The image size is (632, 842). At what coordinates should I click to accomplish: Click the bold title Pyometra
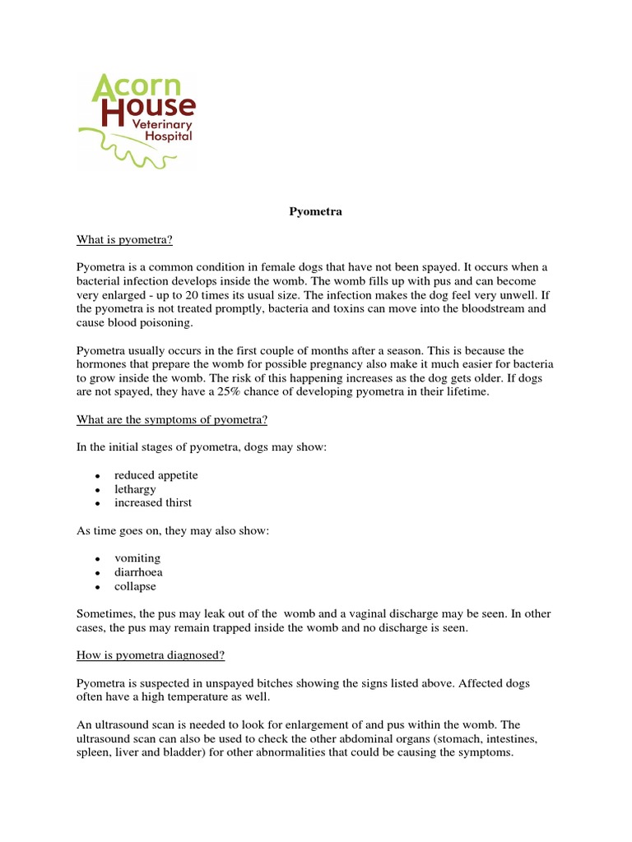tap(315, 212)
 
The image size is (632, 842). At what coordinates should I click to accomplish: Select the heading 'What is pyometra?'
tap(124, 239)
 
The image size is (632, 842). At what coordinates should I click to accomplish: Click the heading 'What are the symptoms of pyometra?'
tap(172, 420)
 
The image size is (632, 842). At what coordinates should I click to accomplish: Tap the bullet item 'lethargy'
tap(135, 489)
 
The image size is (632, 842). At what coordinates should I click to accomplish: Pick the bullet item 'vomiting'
tap(137, 558)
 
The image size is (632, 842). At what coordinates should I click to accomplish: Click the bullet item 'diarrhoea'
tap(139, 572)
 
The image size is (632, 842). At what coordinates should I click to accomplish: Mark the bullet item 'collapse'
tap(135, 586)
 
